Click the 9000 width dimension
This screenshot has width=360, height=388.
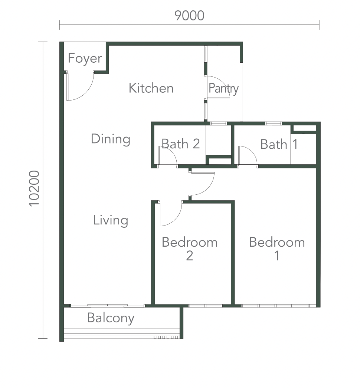tap(189, 16)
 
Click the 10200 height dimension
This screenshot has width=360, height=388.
tap(34, 188)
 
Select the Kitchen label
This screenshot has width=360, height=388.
tap(151, 88)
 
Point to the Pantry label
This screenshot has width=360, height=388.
tap(223, 89)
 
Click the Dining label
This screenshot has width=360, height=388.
tap(111, 139)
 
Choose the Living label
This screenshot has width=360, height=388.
tap(111, 220)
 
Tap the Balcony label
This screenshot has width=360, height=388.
tap(111, 318)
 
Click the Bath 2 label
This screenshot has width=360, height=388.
tap(180, 144)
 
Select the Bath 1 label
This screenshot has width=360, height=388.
tap(279, 144)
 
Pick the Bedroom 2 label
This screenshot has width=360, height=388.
tap(190, 249)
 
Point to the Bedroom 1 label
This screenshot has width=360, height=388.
tap(277, 249)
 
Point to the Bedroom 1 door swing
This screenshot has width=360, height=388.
tap(207, 188)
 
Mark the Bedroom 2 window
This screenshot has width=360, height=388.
tap(206, 306)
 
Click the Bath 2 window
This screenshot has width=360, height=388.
tap(219, 123)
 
